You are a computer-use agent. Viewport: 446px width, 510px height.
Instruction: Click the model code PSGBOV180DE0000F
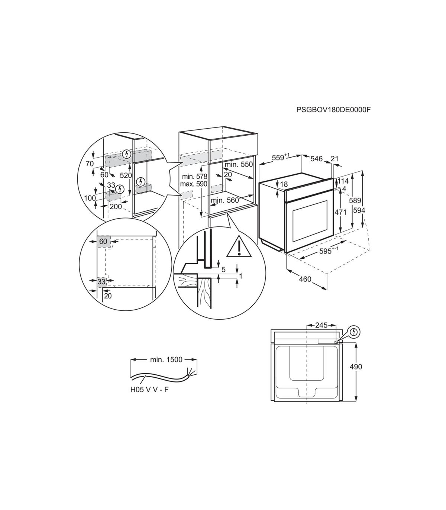[333, 110]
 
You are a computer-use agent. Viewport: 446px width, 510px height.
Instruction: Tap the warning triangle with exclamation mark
[239, 246]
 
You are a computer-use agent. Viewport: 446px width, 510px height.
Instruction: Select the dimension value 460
[305, 279]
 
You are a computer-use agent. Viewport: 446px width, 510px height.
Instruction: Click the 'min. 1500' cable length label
[166, 359]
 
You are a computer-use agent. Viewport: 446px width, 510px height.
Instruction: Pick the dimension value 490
[356, 367]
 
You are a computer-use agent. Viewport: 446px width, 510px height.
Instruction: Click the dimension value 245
[321, 325]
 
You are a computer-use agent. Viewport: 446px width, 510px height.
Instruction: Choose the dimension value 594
[359, 210]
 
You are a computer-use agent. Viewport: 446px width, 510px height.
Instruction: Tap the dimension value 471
[340, 212]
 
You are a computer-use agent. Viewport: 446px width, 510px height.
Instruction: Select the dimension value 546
[316, 159]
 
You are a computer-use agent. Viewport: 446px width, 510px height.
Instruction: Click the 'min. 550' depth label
[239, 165]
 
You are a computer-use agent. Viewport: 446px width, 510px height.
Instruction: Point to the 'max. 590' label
[194, 184]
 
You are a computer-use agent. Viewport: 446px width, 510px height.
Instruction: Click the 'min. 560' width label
[225, 200]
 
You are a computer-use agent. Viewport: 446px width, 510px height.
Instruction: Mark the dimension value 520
[126, 175]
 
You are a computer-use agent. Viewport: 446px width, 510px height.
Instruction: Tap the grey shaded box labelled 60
[103, 241]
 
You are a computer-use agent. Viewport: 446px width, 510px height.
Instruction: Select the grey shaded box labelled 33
[101, 282]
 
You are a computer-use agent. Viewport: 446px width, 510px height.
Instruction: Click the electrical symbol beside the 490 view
[353, 332]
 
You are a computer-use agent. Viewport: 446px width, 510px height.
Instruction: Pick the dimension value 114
[343, 181]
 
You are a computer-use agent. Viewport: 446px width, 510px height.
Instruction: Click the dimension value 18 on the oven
[284, 184]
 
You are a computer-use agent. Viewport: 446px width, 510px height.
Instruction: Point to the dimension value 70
[90, 164]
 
